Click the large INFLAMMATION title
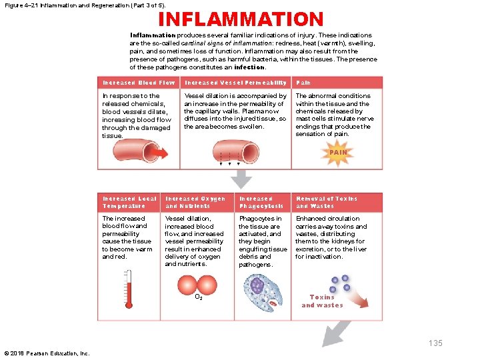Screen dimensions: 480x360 (240, 19)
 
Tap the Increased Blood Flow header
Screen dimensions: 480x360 (139, 83)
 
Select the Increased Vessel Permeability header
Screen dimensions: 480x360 (235, 83)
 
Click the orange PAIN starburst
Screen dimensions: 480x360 (339, 152)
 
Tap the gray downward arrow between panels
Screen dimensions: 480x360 (241, 177)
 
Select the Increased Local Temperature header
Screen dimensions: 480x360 (129, 202)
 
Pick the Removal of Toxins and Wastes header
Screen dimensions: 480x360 (327, 202)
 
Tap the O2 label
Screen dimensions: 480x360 (199, 297)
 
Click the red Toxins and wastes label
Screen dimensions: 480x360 (322, 301)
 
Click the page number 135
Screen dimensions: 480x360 (435, 343)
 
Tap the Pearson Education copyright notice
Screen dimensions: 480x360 (47, 353)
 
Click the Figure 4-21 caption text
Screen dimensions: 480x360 (84, 5)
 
